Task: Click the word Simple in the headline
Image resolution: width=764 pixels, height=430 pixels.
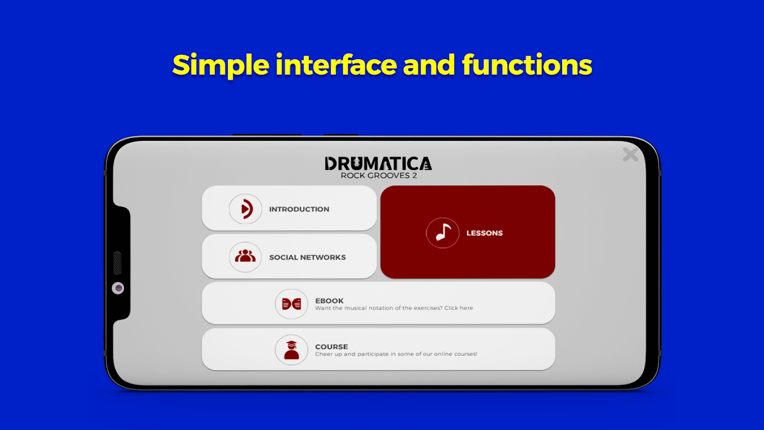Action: (221, 65)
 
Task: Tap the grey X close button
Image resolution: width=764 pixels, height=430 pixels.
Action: (630, 154)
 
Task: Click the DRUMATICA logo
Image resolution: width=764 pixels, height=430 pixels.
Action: (378, 163)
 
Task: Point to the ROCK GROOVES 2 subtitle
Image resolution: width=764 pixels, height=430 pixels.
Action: (379, 175)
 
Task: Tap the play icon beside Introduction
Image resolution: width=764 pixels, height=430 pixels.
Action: (246, 209)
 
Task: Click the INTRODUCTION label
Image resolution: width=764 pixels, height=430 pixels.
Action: (299, 209)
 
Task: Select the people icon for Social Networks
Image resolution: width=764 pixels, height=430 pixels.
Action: (245, 256)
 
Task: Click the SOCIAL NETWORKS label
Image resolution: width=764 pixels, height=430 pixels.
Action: (307, 257)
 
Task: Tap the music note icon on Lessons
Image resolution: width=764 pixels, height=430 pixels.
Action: (442, 233)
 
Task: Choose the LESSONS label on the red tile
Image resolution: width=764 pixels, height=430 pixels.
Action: (484, 233)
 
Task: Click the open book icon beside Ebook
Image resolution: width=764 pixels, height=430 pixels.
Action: (291, 304)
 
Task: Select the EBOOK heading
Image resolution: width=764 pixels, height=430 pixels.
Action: (329, 300)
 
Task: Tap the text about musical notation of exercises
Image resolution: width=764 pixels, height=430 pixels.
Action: (394, 308)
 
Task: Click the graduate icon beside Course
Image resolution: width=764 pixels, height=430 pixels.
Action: (291, 350)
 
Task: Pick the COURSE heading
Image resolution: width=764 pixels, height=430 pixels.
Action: (331, 347)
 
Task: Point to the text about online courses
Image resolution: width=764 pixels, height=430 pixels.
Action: (396, 354)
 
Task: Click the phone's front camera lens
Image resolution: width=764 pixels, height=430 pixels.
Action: (118, 288)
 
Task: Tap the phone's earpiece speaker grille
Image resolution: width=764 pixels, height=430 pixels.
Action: (117, 263)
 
